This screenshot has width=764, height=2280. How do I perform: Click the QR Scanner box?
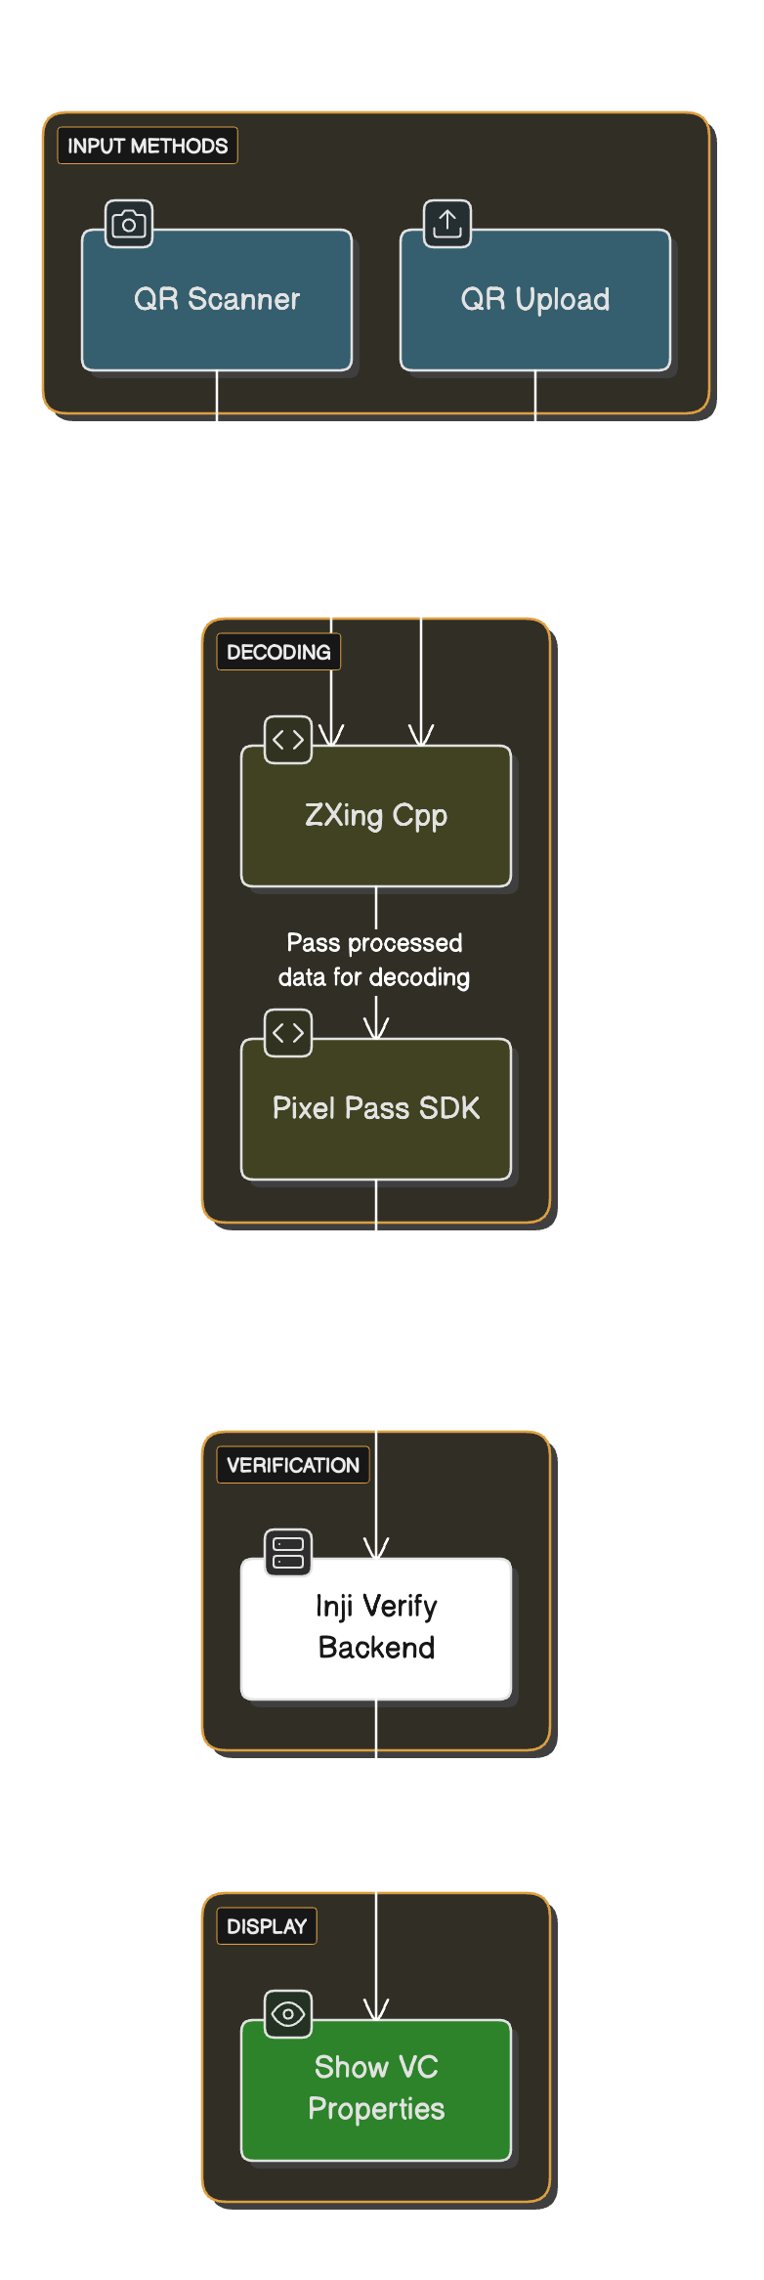[x=216, y=300]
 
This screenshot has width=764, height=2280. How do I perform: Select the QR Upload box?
[x=535, y=300]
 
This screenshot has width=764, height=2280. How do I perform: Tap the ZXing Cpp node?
[x=376, y=816]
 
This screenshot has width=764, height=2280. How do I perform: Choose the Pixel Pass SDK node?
[x=376, y=1108]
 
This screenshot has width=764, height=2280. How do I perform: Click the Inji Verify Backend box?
[x=376, y=1628]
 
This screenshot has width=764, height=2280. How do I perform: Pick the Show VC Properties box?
[x=376, y=2089]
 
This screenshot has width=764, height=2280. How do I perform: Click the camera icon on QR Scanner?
[x=129, y=224]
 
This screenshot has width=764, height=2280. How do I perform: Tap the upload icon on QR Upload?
[x=447, y=224]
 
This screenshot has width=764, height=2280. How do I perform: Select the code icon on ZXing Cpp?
[x=288, y=740]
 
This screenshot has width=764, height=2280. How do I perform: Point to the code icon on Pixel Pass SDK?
[x=288, y=1033]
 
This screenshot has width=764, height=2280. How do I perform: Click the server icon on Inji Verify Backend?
[x=288, y=1552]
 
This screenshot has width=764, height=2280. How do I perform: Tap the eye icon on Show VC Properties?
[x=288, y=2013]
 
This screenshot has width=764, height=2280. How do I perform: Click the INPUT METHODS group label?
[x=148, y=146]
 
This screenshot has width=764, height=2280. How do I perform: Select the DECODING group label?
[x=278, y=652]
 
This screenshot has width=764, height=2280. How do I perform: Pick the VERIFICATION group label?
[x=293, y=1465]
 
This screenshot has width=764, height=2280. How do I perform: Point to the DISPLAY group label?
[x=267, y=1926]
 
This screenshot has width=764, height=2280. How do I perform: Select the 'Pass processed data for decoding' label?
[x=374, y=960]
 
